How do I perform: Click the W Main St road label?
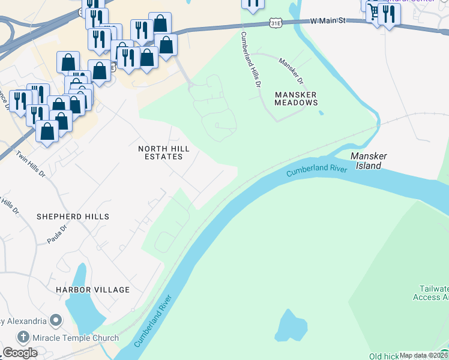(328, 21)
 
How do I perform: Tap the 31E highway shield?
(276, 23)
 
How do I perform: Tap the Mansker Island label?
(369, 160)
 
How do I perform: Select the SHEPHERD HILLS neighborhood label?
(73, 216)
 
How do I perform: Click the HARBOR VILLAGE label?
(92, 290)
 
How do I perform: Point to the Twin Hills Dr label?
(31, 164)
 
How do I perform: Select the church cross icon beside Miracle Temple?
(23, 337)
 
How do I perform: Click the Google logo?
(20, 353)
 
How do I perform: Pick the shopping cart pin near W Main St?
(373, 11)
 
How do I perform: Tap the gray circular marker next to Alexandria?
(55, 320)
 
